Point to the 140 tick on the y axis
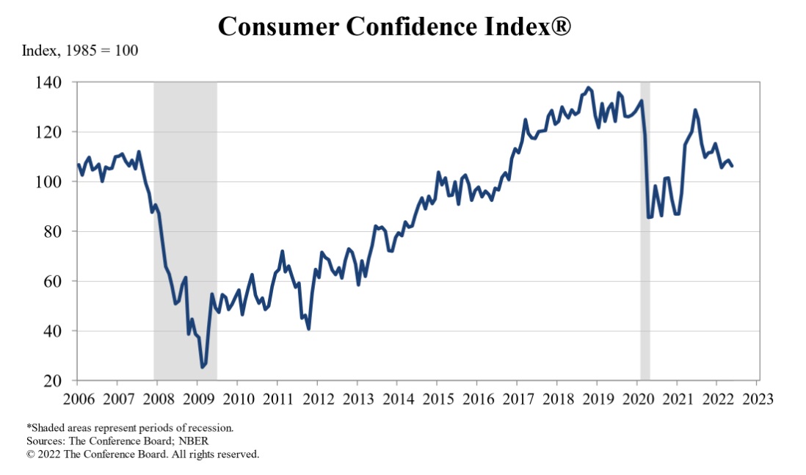[58, 82]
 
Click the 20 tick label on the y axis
[62, 381]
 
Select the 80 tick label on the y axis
[62, 231]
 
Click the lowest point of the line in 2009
[203, 366]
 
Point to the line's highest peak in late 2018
[588, 87]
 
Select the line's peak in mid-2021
[694, 110]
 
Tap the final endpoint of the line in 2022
[732, 166]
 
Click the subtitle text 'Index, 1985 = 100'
[80, 51]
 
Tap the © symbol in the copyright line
[31, 454]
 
